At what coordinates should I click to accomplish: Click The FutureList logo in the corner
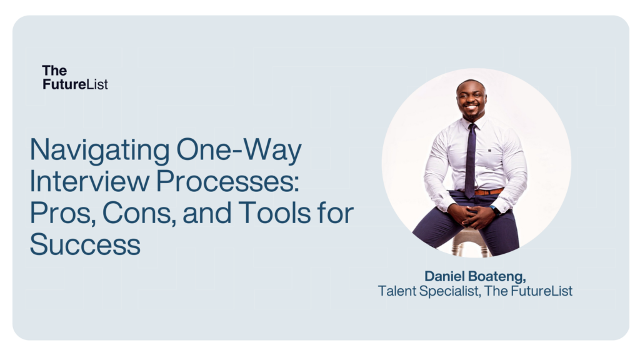75,77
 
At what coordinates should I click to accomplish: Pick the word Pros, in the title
59,213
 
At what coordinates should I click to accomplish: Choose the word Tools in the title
276,213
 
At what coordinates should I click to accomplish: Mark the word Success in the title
85,244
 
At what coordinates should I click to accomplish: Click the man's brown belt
489,192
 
